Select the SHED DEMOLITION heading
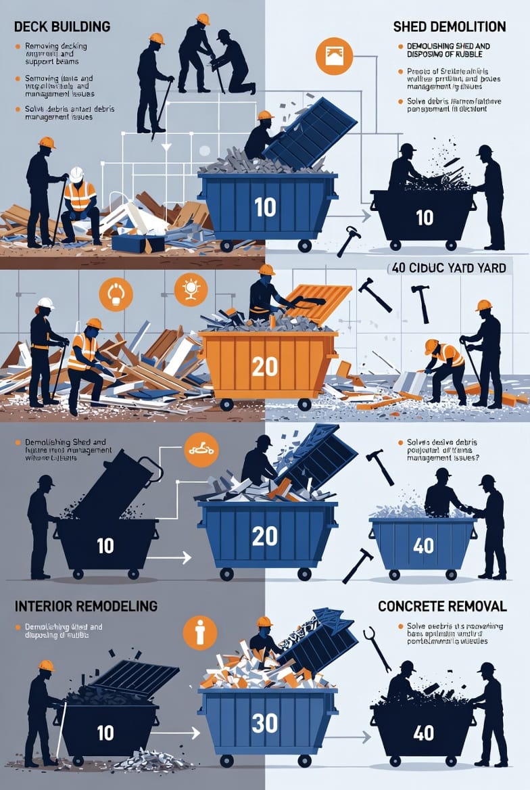tap(449, 27)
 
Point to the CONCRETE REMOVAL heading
tap(441, 605)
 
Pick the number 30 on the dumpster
tap(264, 723)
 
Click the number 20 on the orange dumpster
tap(264, 366)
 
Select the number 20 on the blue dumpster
tap(264, 536)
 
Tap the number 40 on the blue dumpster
tap(423, 545)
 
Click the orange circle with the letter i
tap(199, 632)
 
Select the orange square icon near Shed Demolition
tap(334, 57)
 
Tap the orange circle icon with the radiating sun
tap(191, 289)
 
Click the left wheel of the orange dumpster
tap(226, 404)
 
